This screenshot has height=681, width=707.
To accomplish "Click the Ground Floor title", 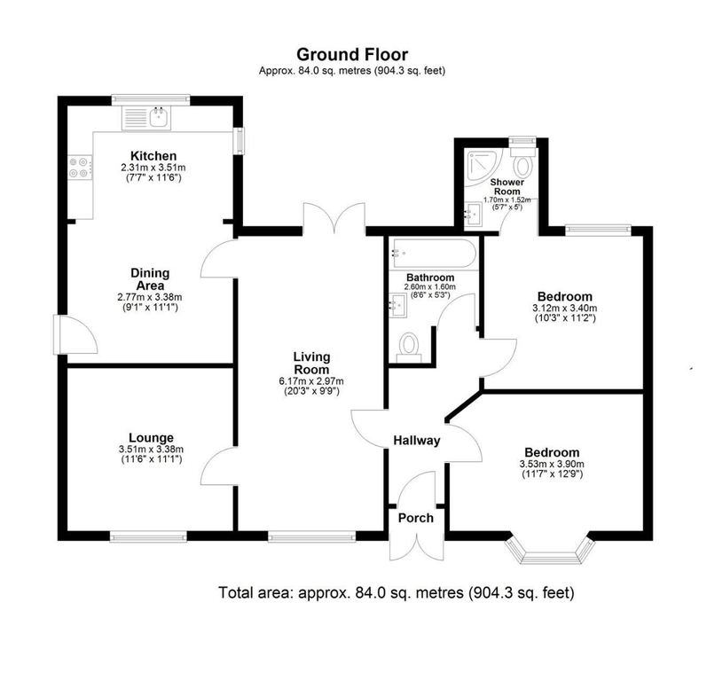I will [x=352, y=55].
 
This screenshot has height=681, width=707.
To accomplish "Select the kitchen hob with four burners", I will [x=76, y=168].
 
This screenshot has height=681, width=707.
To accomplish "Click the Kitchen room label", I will [x=153, y=156].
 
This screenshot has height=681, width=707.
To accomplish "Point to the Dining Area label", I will [x=151, y=279].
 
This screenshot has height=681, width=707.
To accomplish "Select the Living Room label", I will [x=311, y=364].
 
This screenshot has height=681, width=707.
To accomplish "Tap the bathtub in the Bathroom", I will [x=432, y=254].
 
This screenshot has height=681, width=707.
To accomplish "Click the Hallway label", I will [x=417, y=441].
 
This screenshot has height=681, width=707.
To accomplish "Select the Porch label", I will [x=415, y=518].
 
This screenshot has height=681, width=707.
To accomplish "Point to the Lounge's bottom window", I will [x=147, y=536].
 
